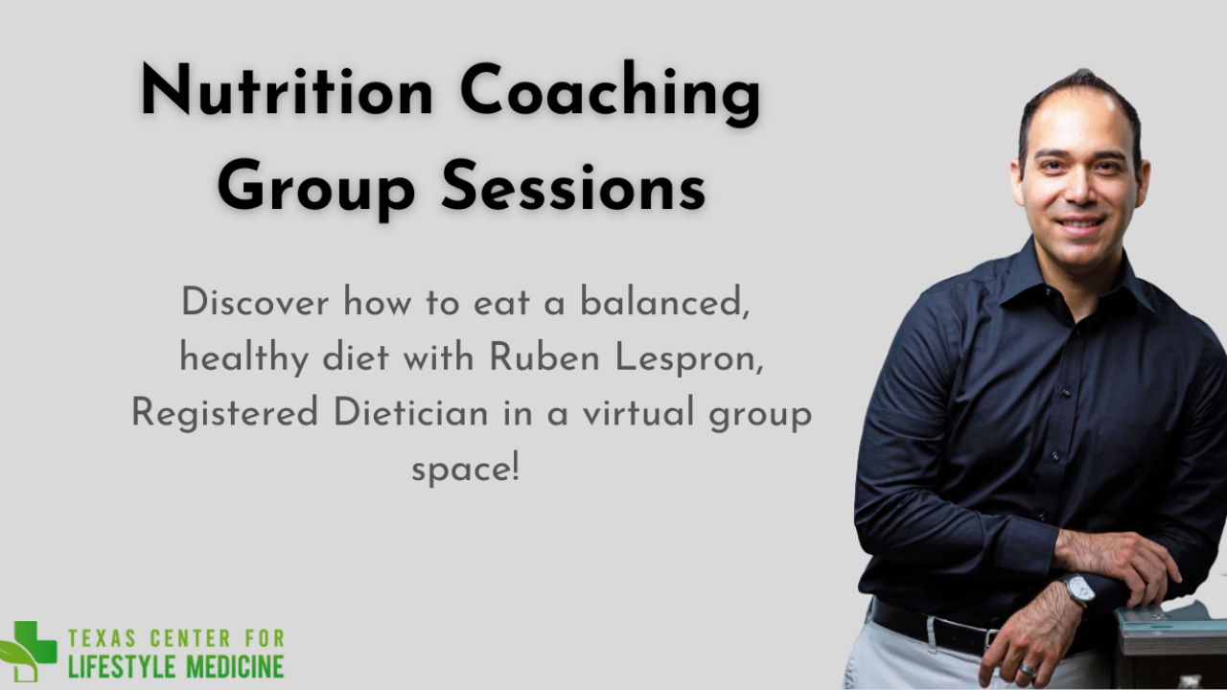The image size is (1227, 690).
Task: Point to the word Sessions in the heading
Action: [x=573, y=185]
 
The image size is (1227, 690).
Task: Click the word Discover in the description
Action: [x=255, y=302]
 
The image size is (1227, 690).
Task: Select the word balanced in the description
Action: [x=664, y=302]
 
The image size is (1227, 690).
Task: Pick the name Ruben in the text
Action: [x=544, y=357]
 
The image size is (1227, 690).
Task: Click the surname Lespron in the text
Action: [x=689, y=359]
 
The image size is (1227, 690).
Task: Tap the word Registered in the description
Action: [x=225, y=414]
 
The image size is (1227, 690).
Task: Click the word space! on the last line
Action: [x=465, y=470]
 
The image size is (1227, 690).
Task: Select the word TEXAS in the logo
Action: [x=103, y=638]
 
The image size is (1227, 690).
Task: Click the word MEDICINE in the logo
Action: [x=235, y=666]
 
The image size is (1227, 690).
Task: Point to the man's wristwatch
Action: [x=1078, y=590]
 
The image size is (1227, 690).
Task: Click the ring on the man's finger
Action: [x=1028, y=670]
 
